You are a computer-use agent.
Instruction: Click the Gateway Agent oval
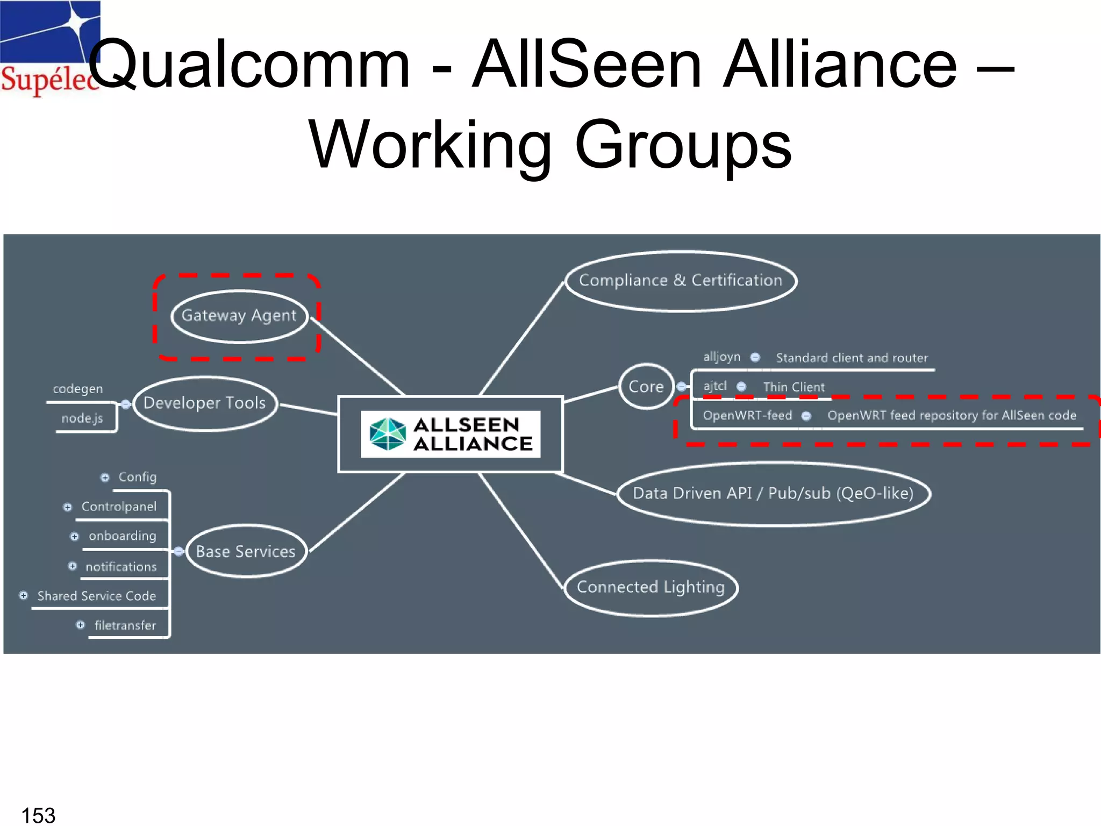point(239,316)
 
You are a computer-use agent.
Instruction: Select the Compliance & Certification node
point(681,281)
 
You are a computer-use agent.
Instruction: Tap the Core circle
point(646,387)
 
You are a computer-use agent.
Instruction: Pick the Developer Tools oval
point(205,403)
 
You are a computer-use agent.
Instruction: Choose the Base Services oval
point(246,551)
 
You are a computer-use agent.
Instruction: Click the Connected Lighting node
point(651,587)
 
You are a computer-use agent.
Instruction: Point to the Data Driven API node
point(773,494)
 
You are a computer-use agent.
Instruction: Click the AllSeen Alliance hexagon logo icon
point(388,434)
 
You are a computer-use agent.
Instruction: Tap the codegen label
point(77,389)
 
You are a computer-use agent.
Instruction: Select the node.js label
point(82,418)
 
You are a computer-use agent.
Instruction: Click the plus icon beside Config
point(105,478)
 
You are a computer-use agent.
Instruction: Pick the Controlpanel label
point(119,507)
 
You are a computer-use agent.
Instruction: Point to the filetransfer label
point(125,625)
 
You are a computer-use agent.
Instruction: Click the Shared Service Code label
point(97,596)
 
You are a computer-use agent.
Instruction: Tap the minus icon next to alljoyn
point(755,358)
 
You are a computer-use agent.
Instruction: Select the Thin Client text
point(793,387)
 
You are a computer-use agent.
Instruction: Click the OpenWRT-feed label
point(747,416)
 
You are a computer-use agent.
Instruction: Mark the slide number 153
point(38,815)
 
